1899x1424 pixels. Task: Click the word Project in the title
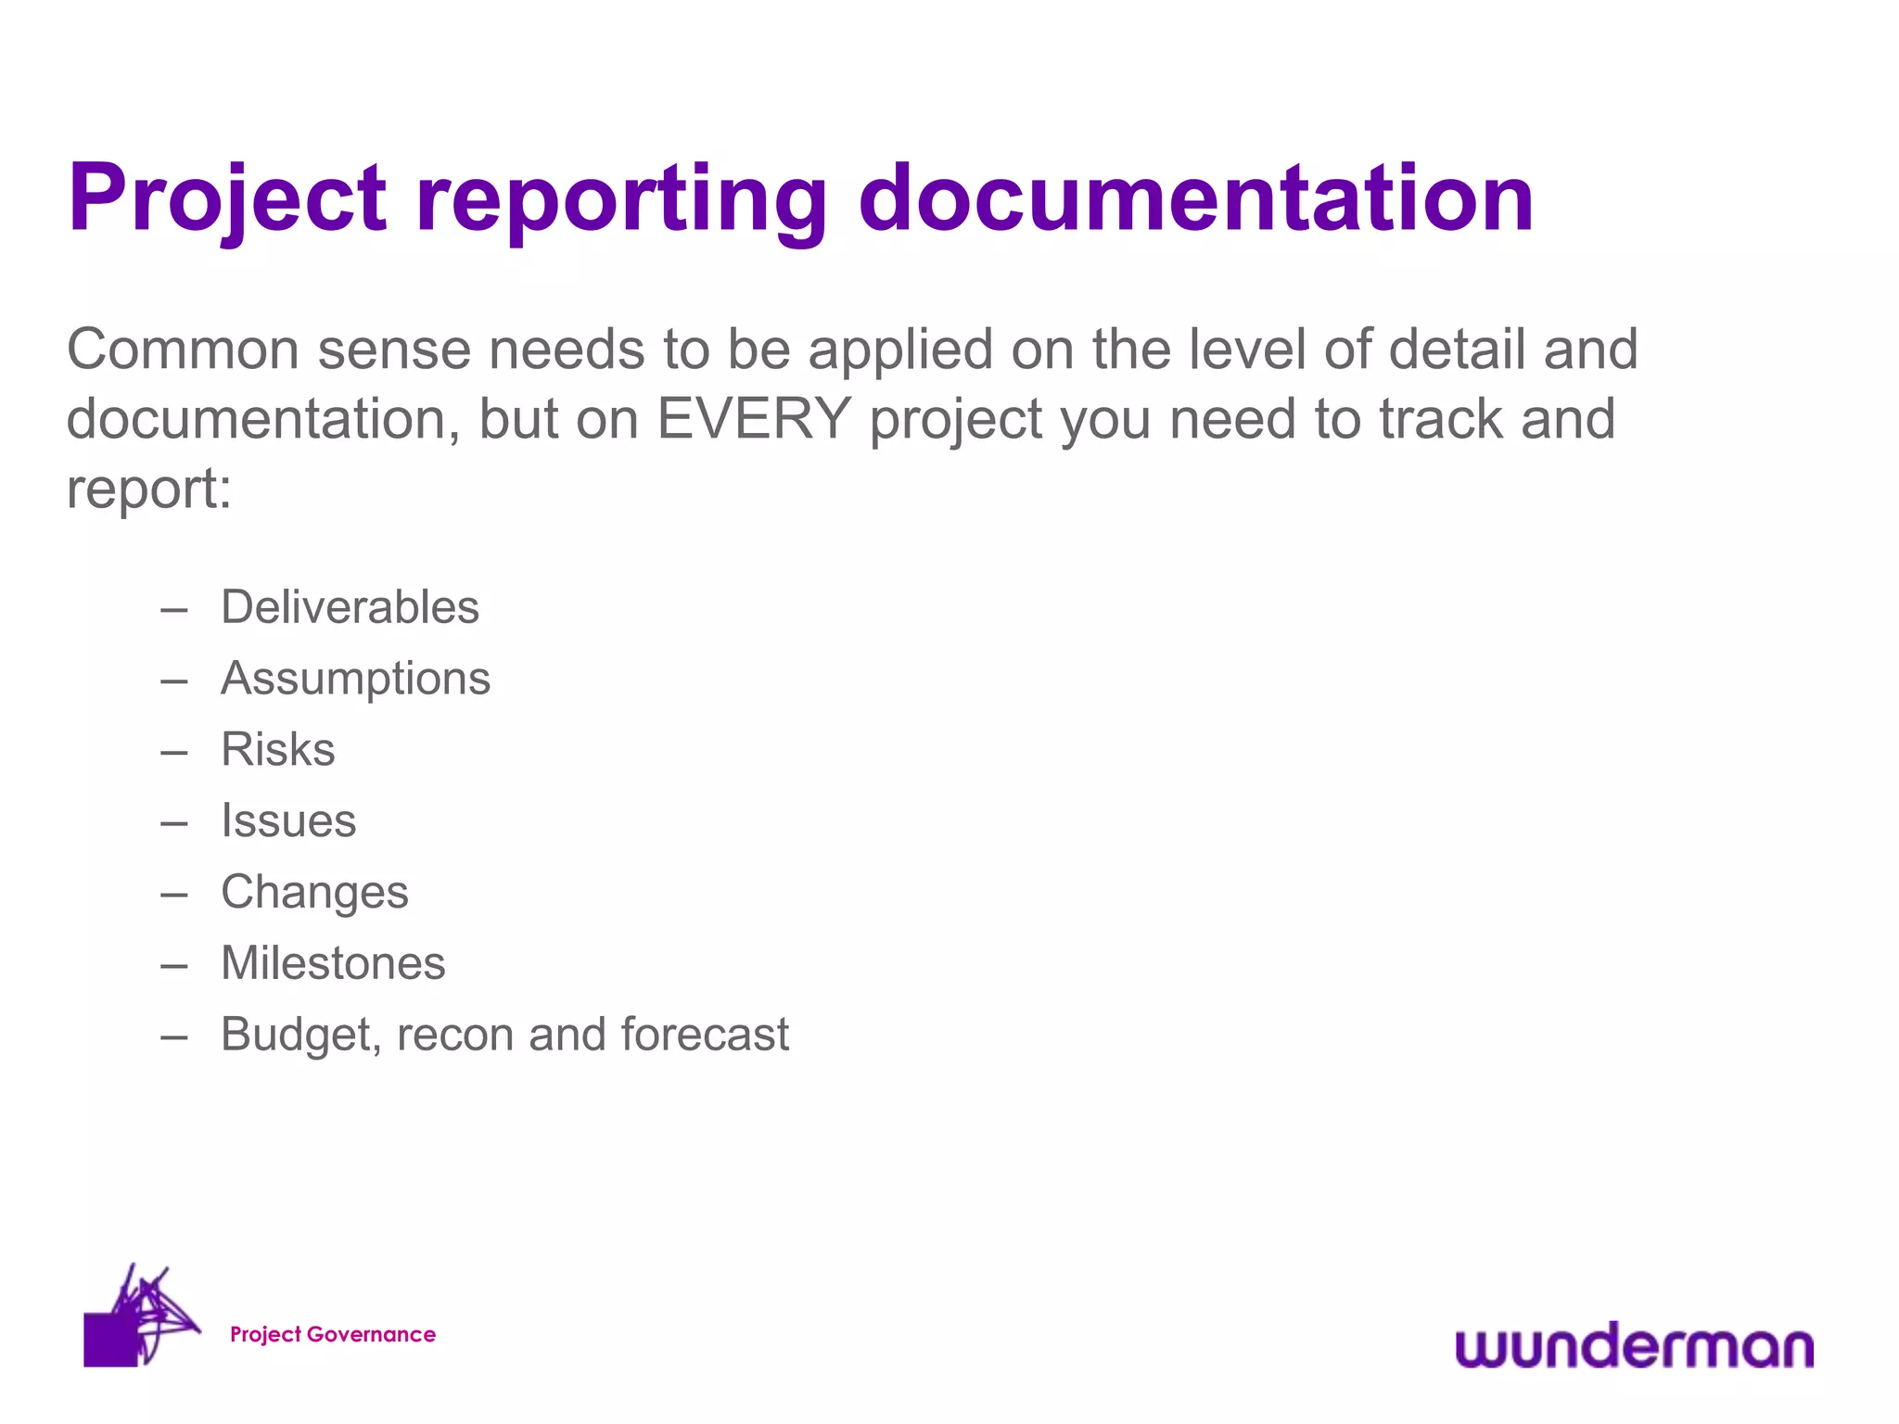click(227, 199)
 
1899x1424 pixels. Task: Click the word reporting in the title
click(621, 199)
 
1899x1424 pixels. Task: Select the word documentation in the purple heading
click(1196, 199)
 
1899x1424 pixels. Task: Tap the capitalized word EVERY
click(754, 419)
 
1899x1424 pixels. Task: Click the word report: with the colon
click(148, 489)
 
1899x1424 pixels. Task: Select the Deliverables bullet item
click(350, 608)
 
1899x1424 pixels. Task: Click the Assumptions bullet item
click(355, 679)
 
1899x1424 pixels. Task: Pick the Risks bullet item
click(278, 750)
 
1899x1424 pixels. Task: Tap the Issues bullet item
click(288, 821)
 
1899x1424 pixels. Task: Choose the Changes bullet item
click(314, 893)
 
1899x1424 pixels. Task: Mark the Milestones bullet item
click(333, 963)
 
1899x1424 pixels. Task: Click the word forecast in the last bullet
click(705, 1035)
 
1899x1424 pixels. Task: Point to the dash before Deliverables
click(174, 610)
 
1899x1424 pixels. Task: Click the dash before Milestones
click(174, 966)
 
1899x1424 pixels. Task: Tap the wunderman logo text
click(1634, 1346)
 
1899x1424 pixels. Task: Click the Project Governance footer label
click(333, 1334)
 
